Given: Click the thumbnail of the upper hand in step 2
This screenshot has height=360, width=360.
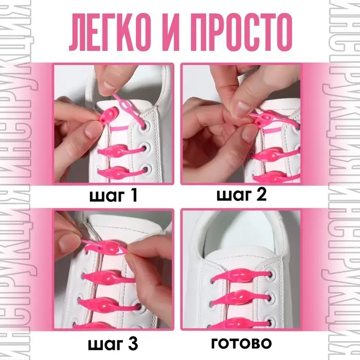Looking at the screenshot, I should (x=240, y=108).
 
